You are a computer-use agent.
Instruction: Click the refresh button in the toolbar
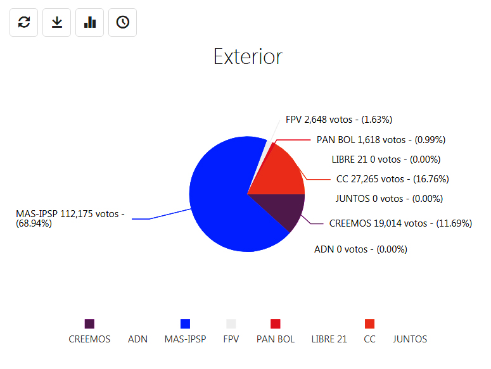pos(24,23)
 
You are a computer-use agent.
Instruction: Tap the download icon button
pos(57,23)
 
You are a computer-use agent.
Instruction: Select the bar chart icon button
pos(90,23)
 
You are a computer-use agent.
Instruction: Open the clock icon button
pos(123,23)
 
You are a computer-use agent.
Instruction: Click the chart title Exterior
pos(248,56)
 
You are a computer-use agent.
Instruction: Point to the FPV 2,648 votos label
pos(339,119)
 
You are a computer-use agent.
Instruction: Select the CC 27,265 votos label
pos(392,179)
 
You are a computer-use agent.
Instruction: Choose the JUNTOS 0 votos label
pos(389,199)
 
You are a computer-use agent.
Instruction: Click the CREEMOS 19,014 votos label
pos(400,223)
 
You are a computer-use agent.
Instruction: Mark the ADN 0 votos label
pos(360,249)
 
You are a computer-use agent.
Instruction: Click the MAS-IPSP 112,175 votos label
pos(70,218)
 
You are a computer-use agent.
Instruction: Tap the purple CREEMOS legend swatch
pos(89,324)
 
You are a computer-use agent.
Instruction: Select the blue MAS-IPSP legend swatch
pos(185,324)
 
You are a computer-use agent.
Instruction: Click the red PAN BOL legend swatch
pos(276,324)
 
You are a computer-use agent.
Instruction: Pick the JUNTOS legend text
pos(410,339)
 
